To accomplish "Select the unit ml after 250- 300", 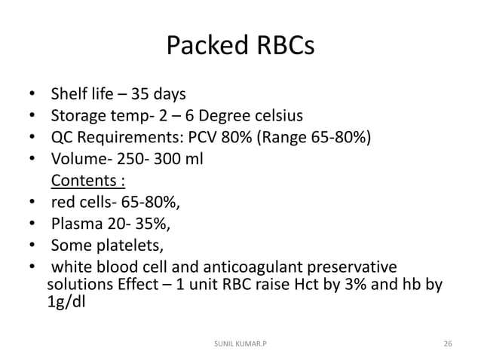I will tap(193, 160).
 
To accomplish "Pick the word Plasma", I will tap(76, 223).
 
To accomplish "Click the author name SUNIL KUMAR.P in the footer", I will tap(240, 343).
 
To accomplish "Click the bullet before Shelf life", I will tap(31, 96).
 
